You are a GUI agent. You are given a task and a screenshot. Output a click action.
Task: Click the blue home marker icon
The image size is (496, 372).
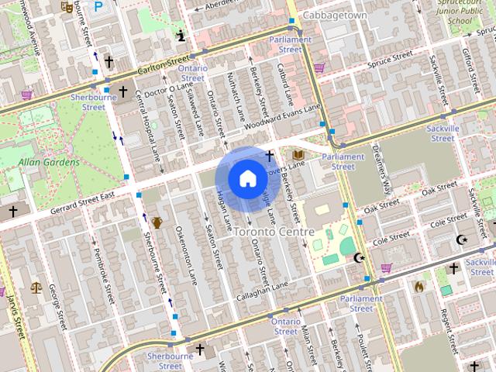point(246,178)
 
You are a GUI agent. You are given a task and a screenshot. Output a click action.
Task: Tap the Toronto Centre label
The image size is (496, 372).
point(274,232)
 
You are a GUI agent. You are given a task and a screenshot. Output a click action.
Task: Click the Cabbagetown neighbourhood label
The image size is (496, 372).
point(335,15)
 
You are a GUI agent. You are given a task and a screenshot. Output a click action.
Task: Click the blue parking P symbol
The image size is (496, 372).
point(98,6)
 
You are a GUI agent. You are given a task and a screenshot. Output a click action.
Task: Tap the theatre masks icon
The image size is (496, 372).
point(67,6)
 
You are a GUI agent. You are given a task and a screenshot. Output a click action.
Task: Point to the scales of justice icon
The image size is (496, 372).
point(36,287)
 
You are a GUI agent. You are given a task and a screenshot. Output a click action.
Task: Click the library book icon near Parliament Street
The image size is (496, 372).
point(298,156)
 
